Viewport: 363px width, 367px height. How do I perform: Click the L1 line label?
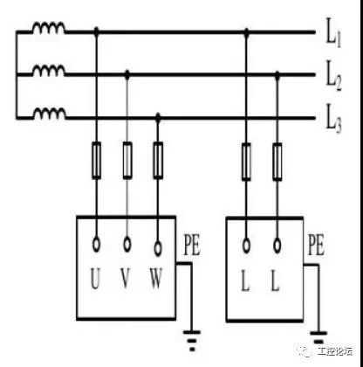tap(332, 32)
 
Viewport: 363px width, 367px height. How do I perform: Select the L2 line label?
tap(333, 75)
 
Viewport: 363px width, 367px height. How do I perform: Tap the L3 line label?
tap(333, 118)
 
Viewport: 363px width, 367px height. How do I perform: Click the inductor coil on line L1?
tap(49, 27)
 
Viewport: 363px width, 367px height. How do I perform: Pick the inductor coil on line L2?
tap(49, 70)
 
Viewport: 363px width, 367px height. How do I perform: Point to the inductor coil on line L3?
tap(49, 114)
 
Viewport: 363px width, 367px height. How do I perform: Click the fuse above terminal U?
tap(97, 160)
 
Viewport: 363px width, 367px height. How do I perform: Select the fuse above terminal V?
tap(127, 160)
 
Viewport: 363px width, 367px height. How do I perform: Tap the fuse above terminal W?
tap(158, 160)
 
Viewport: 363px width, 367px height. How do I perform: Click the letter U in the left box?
tap(95, 279)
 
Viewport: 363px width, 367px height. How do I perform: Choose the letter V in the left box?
tap(126, 278)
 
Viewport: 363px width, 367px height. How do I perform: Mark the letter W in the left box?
tap(156, 278)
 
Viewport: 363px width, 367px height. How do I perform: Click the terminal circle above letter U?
tap(96, 245)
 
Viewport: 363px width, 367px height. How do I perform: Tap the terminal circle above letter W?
tap(158, 248)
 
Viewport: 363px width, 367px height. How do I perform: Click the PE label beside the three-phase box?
tap(192, 246)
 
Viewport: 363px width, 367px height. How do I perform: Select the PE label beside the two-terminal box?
tap(316, 246)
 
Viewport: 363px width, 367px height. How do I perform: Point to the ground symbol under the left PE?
tap(192, 340)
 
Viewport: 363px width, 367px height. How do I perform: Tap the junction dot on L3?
tap(158, 117)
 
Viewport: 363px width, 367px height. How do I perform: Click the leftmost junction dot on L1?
tap(97, 31)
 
